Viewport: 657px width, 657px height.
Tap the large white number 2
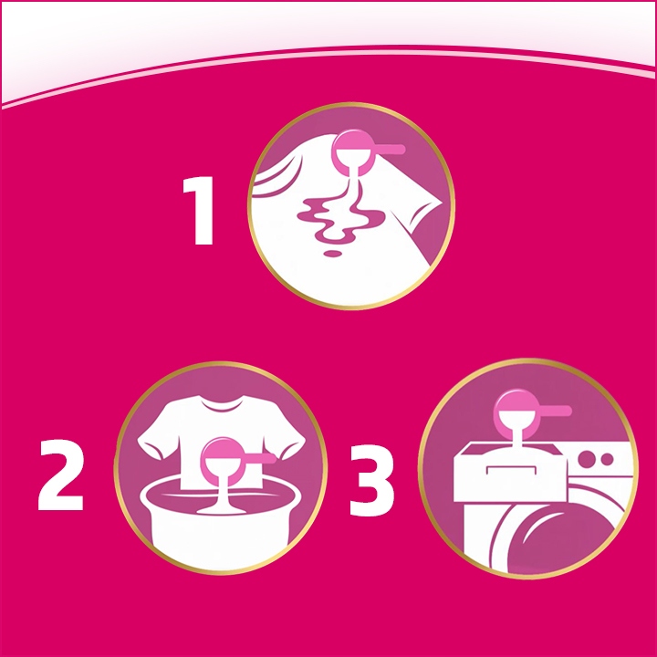click(x=61, y=474)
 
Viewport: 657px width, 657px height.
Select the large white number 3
click(x=371, y=479)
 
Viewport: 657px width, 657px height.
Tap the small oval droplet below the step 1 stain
click(x=333, y=253)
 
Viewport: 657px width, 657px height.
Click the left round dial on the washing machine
click(x=587, y=458)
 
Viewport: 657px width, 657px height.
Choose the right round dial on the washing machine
click(x=607, y=459)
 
